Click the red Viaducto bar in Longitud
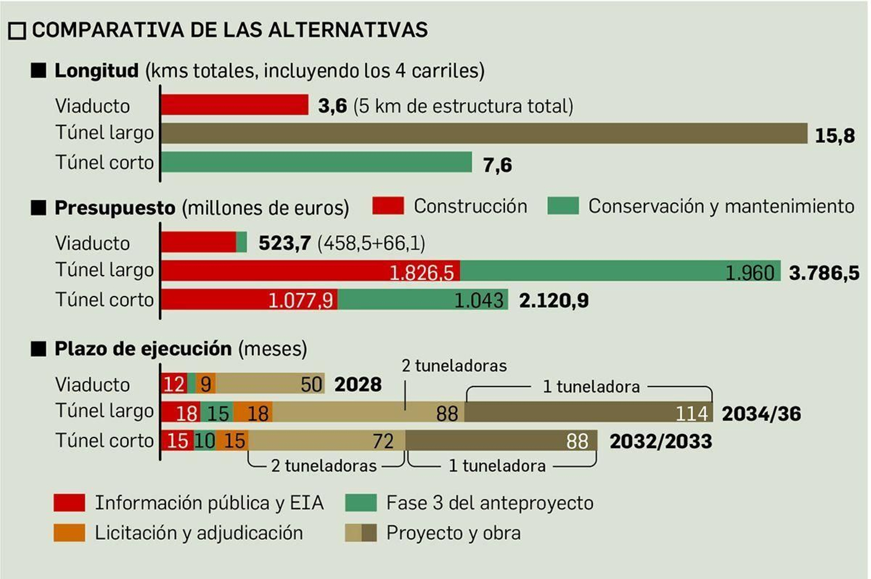[x=235, y=104]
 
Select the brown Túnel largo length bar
[x=483, y=133]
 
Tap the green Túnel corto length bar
[x=316, y=162]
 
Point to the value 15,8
[x=834, y=135]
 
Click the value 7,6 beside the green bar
[x=497, y=164]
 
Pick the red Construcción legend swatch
[x=388, y=206]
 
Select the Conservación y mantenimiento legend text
[x=721, y=206]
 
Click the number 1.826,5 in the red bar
[x=421, y=272]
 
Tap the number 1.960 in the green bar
[x=749, y=272]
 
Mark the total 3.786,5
[x=824, y=272]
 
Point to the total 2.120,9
[x=554, y=300]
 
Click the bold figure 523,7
[x=284, y=243]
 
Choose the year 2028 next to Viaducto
[x=358, y=384]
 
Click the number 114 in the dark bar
[x=691, y=414]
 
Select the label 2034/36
[x=761, y=414]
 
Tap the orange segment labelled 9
[x=206, y=384]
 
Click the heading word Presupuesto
[x=115, y=208]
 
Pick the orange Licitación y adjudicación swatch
[x=69, y=532]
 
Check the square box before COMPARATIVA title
[x=17, y=31]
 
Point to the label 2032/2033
[x=660, y=441]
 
